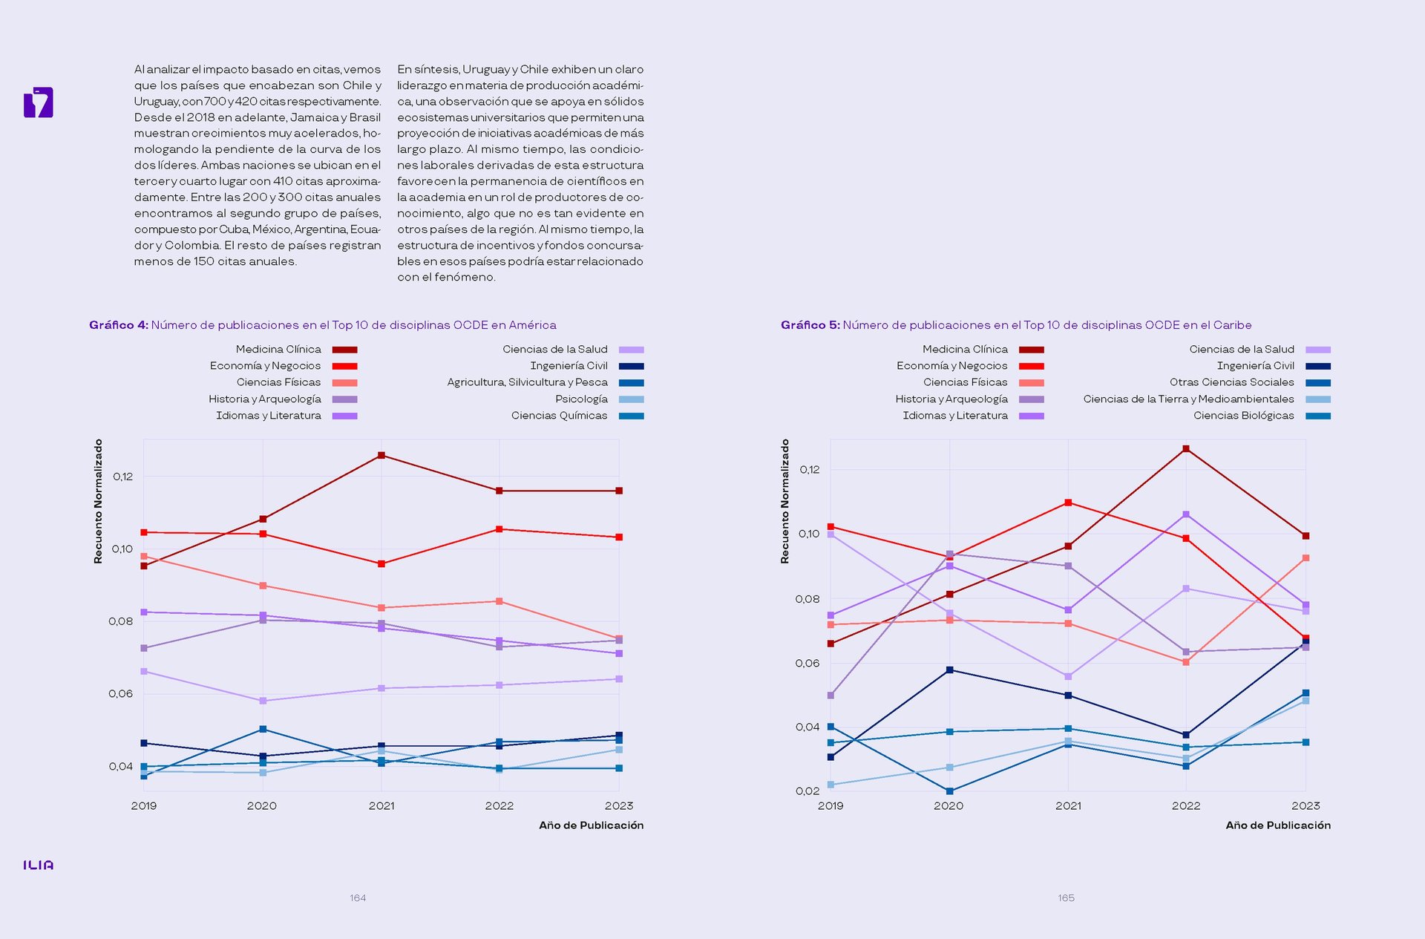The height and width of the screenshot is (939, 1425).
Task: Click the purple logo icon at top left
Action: click(39, 102)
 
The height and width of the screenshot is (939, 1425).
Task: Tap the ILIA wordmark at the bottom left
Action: click(39, 866)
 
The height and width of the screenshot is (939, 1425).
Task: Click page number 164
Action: click(358, 898)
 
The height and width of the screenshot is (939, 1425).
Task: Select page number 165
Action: click(1066, 898)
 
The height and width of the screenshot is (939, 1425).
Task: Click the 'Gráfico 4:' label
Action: click(119, 325)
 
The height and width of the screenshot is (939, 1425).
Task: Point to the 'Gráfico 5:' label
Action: click(810, 325)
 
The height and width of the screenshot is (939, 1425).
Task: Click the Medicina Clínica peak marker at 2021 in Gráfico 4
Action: click(381, 455)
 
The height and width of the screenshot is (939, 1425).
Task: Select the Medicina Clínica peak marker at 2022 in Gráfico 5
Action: click(1186, 449)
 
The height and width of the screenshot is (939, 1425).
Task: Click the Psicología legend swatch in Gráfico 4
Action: click(632, 399)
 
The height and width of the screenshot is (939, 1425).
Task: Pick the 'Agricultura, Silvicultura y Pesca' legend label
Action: click(527, 382)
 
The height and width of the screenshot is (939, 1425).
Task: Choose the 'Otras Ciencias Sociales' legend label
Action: click(1232, 382)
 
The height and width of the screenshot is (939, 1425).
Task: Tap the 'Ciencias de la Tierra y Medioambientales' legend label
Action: click(1188, 399)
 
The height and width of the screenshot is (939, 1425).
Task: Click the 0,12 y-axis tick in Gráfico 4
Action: click(123, 477)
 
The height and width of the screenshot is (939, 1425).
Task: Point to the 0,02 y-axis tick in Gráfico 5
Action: click(807, 791)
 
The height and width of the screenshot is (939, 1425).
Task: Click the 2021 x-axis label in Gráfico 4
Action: click(381, 806)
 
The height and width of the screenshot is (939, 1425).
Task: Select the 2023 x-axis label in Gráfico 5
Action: click(1306, 806)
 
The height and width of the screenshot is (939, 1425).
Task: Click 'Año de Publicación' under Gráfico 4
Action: click(592, 825)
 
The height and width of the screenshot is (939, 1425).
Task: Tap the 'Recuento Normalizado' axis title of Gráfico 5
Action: click(785, 502)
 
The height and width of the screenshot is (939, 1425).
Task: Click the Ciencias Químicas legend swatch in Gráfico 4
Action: click(632, 416)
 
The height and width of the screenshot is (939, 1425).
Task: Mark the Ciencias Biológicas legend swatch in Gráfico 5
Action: click(1318, 416)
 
